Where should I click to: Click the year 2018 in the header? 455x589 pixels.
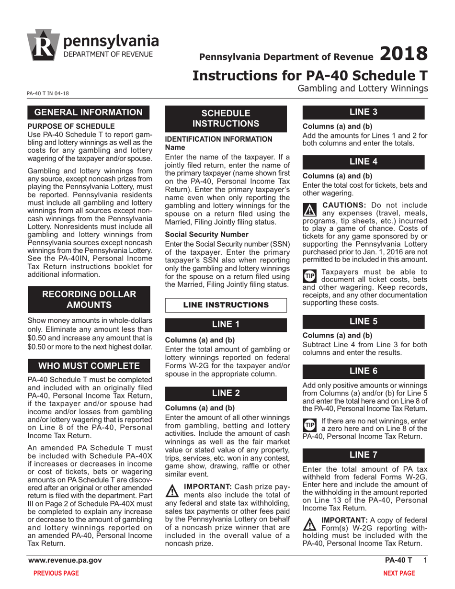pos(403,54)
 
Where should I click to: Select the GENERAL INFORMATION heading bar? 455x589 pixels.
pos(89,113)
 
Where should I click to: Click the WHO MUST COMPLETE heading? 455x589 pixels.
pos(89,366)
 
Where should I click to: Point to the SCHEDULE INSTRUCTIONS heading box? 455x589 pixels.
pos(226,118)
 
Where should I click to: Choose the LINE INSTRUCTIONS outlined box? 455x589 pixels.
pos(226,305)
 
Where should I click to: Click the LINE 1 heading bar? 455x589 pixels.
pos(226,324)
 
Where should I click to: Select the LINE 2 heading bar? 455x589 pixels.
pos(226,393)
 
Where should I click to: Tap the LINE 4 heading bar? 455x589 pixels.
pos(363,162)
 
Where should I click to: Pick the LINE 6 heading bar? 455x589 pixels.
pos(363,371)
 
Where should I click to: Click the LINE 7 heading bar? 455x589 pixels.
pos(363,455)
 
